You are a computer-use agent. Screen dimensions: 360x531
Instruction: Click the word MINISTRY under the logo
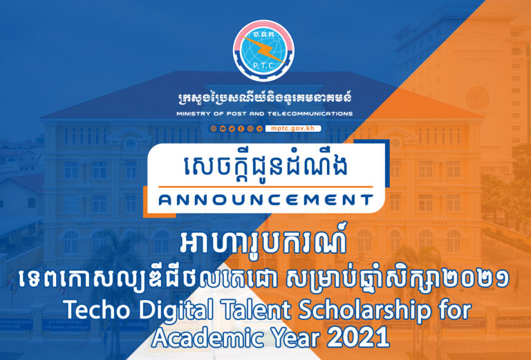pyautogui.click(x=196, y=113)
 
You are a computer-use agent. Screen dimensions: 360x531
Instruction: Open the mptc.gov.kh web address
pyautogui.click(x=293, y=129)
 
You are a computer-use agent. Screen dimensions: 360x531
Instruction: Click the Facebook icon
pyautogui.click(x=241, y=129)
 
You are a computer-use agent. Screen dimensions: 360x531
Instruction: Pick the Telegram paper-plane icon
pyautogui.click(x=259, y=129)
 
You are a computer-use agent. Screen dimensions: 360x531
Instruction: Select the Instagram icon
pyautogui.click(x=250, y=129)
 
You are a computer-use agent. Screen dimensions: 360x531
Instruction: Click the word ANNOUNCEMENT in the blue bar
pyautogui.click(x=265, y=200)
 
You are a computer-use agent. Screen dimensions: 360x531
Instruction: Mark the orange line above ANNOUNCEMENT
pyautogui.click(x=265, y=187)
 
